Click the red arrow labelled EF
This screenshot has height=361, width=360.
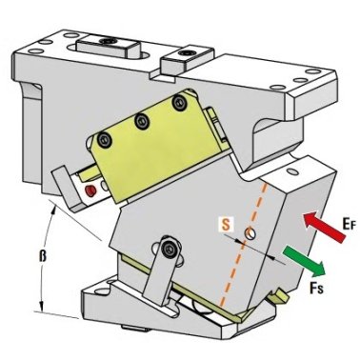point(324,227)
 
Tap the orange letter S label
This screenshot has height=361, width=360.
point(226,225)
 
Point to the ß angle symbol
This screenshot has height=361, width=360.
point(43,256)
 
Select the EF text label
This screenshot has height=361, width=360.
point(349,224)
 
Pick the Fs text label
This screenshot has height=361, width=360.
point(316,288)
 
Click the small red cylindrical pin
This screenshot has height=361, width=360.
point(90,191)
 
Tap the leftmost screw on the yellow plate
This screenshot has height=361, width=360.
point(105,139)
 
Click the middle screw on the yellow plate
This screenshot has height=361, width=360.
point(142,121)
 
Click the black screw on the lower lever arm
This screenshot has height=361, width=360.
point(169,250)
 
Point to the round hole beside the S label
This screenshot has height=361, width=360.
point(250,233)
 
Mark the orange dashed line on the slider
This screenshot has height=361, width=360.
point(245,245)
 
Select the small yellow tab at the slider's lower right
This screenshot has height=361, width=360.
point(279,297)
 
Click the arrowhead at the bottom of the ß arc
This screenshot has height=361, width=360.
point(41,306)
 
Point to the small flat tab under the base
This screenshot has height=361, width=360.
point(135,329)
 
